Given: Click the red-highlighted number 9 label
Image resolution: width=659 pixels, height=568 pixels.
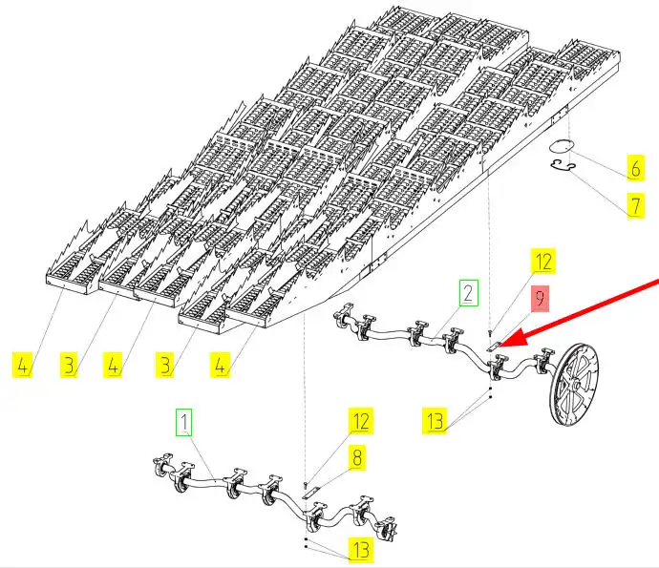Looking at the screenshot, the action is coord(540,299).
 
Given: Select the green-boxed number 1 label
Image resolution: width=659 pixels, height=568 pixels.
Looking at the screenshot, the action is coord(183,420).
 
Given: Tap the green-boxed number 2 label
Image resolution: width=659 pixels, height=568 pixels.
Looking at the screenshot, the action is coord(468,292).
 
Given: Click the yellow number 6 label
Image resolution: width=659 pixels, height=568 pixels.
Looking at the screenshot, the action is coord(635,168).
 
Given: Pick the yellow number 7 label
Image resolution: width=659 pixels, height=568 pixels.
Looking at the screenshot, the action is coord(635,205).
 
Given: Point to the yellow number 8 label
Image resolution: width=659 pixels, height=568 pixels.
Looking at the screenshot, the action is coord(356,457).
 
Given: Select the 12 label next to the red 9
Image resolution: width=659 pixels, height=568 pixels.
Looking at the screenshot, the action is coord(542,262).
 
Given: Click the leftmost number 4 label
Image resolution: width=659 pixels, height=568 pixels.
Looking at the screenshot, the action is coord(22,364).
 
